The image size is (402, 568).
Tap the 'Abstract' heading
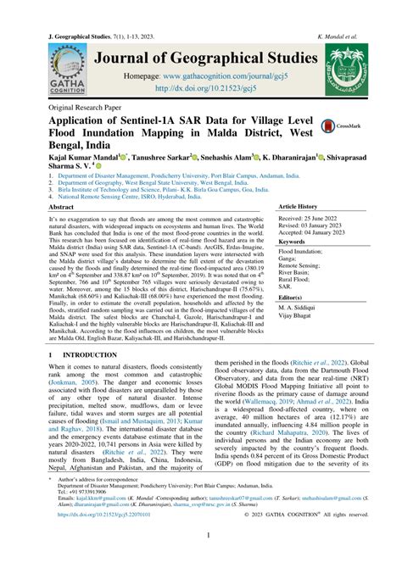click(x=66, y=207)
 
